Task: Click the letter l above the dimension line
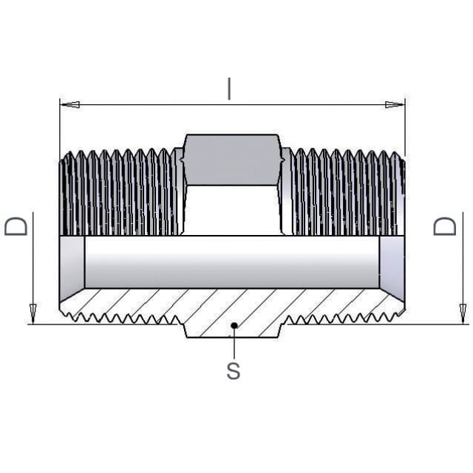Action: click(x=229, y=89)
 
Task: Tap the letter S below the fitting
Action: click(x=234, y=371)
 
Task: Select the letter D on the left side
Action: click(x=16, y=226)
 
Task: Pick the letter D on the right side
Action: click(x=445, y=226)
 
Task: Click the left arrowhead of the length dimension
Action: click(x=69, y=105)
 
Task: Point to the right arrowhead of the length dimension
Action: click(x=395, y=105)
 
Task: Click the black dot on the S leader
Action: click(x=234, y=325)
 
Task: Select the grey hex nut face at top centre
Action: click(x=232, y=160)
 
